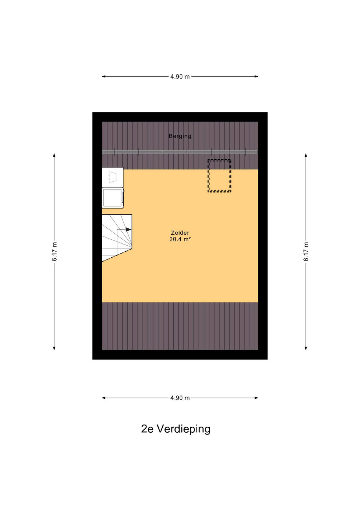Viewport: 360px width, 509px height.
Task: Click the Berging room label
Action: [180, 136]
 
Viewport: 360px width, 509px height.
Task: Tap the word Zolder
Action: [180, 233]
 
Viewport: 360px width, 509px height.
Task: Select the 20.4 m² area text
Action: [180, 239]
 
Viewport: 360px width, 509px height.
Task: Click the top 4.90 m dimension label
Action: [180, 77]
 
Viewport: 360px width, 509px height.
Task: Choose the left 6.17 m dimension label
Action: [54, 252]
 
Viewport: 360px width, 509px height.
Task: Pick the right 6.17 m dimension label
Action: [306, 252]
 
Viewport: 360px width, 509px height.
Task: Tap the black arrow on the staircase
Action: [129, 229]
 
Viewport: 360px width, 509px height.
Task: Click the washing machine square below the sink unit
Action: [113, 198]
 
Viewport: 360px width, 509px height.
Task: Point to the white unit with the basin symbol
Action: [112, 177]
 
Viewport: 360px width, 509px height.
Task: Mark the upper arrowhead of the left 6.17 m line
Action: [54, 156]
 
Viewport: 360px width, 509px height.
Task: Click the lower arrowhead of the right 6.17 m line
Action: [306, 348]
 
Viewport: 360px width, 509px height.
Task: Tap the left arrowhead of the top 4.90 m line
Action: [104, 77]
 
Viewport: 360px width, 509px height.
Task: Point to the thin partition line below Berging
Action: [180, 152]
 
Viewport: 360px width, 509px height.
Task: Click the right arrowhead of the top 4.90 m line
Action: [256, 77]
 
